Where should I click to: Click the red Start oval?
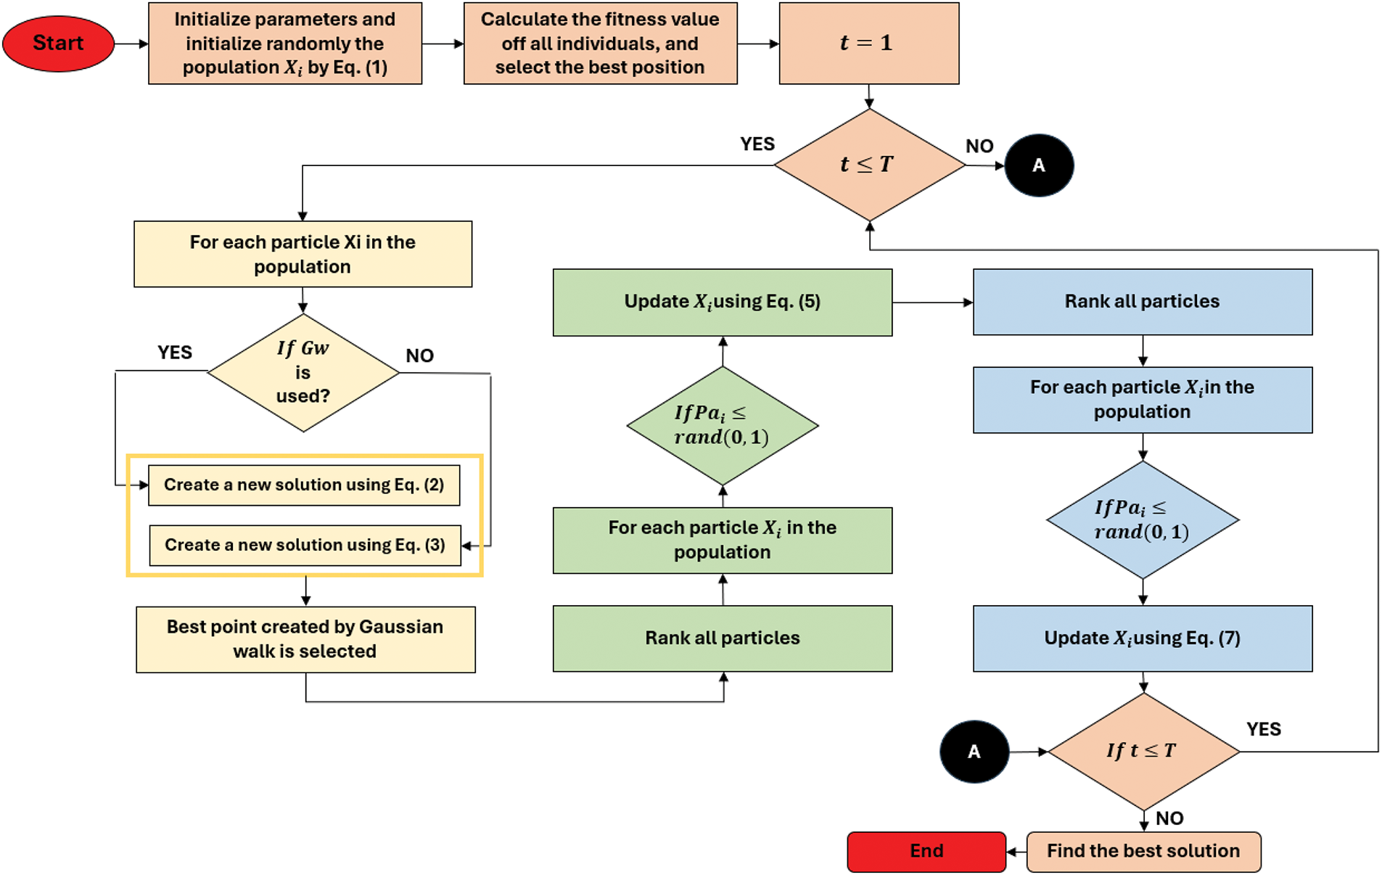pos(58,44)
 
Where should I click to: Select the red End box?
pos(926,851)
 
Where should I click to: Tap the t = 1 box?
pos(868,44)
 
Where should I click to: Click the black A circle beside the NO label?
pos(1038,165)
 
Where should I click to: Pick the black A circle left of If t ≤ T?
pos(974,752)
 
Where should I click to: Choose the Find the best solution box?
pos(1143,851)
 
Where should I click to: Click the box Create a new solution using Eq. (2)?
pos(304,485)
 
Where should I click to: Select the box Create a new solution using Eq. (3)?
pos(305,545)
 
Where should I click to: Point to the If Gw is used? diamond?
pos(303,373)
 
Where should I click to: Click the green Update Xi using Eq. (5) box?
pos(723,302)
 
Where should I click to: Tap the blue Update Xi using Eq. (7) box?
pos(1143,638)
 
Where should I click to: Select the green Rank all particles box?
pos(723,638)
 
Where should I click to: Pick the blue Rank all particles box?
pos(1143,302)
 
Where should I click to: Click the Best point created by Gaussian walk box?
pos(305,639)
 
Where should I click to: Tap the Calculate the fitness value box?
pos(600,44)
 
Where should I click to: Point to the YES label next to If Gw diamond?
pos(175,353)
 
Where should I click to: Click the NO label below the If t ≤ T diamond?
pos(1169,818)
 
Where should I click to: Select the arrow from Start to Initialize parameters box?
pos(131,44)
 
